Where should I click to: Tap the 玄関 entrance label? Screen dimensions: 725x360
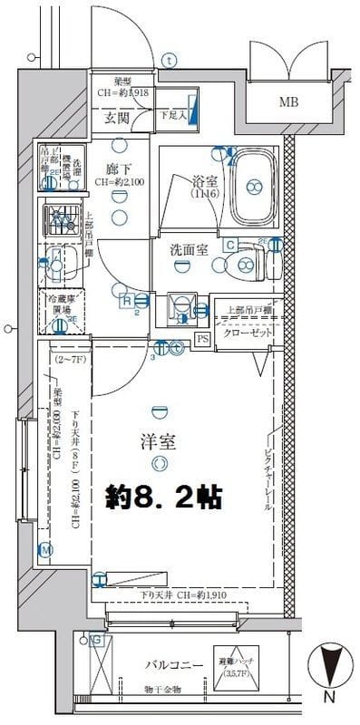117,117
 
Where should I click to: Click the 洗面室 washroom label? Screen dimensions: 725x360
186,249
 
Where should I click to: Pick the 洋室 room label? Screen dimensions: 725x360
160,442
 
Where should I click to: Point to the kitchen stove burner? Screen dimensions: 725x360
61,217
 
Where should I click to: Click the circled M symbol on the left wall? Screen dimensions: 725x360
45,549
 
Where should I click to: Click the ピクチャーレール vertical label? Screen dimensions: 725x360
268,480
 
